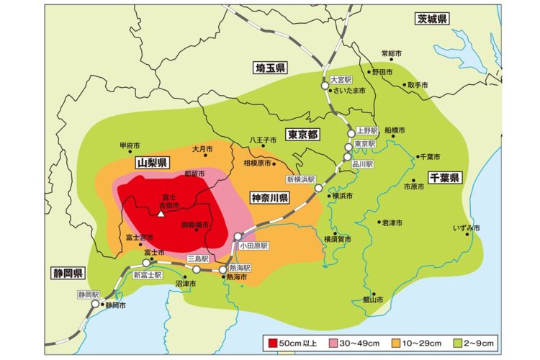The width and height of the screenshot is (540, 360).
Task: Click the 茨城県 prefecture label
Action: coord(433,19)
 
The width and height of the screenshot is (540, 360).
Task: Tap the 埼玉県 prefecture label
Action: coord(271,68)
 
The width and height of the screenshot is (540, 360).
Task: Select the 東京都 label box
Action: coord(303,135)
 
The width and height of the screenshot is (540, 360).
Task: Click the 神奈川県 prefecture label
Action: coord(270,197)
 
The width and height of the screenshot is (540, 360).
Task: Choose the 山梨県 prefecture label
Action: coord(151,163)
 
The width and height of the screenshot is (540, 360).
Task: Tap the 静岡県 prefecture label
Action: coord(68,273)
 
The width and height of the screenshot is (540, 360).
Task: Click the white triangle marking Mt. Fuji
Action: coord(161,214)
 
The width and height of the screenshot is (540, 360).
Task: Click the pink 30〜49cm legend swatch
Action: coord(336,343)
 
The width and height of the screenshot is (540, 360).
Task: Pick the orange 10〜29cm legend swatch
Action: coord(400,343)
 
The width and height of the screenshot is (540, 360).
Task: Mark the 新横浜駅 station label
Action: coord(301,179)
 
